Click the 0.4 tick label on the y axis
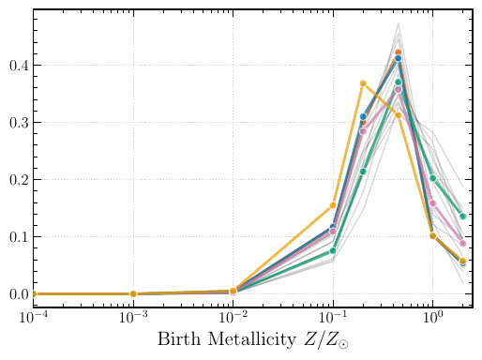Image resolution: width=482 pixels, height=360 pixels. (19, 66)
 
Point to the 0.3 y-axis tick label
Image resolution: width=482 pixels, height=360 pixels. (19, 123)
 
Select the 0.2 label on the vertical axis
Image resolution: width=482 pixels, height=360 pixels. (19, 180)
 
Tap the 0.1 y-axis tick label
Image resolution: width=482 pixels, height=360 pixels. (19, 237)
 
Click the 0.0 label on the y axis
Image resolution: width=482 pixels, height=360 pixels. (19, 294)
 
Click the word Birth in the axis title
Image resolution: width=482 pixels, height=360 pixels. (179, 338)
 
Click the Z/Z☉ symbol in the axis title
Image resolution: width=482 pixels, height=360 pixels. (326, 340)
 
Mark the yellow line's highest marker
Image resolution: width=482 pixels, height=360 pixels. (363, 83)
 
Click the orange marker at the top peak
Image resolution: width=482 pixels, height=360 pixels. (398, 52)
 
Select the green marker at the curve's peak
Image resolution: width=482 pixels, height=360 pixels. (398, 82)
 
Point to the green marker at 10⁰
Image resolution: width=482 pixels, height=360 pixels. (433, 178)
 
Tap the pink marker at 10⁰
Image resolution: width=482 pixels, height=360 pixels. (433, 203)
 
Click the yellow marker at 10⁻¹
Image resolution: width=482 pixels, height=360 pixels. (333, 205)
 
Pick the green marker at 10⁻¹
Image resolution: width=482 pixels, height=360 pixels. (333, 250)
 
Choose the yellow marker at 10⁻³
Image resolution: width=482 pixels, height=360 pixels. (133, 293)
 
